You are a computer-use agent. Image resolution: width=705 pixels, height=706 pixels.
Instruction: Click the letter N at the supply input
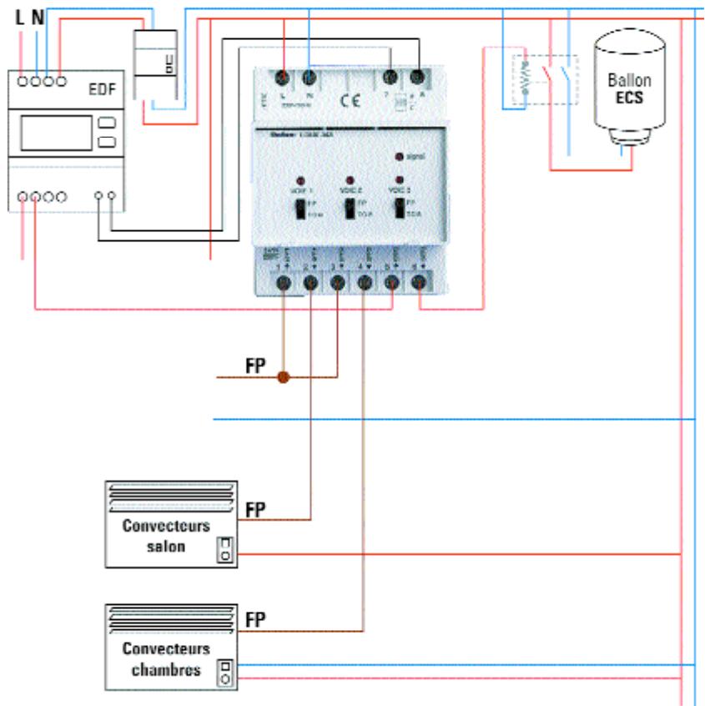coord(38,16)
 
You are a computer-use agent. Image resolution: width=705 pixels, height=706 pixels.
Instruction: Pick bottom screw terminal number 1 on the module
coord(283,284)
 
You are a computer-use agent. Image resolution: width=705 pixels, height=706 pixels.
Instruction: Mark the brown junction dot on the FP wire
coord(283,377)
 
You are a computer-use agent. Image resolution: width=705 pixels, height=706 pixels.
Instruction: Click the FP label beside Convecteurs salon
coord(255,509)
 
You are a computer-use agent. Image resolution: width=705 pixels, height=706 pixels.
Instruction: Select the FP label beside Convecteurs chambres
coord(255,619)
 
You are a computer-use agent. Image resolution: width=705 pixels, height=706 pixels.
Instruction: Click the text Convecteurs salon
coord(166,537)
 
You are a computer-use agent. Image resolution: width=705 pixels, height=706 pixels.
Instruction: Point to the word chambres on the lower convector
coord(166,669)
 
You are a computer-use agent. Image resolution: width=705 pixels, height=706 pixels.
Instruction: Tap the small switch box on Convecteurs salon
coord(225,549)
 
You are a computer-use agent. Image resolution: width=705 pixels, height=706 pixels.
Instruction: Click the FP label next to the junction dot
coord(255,366)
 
